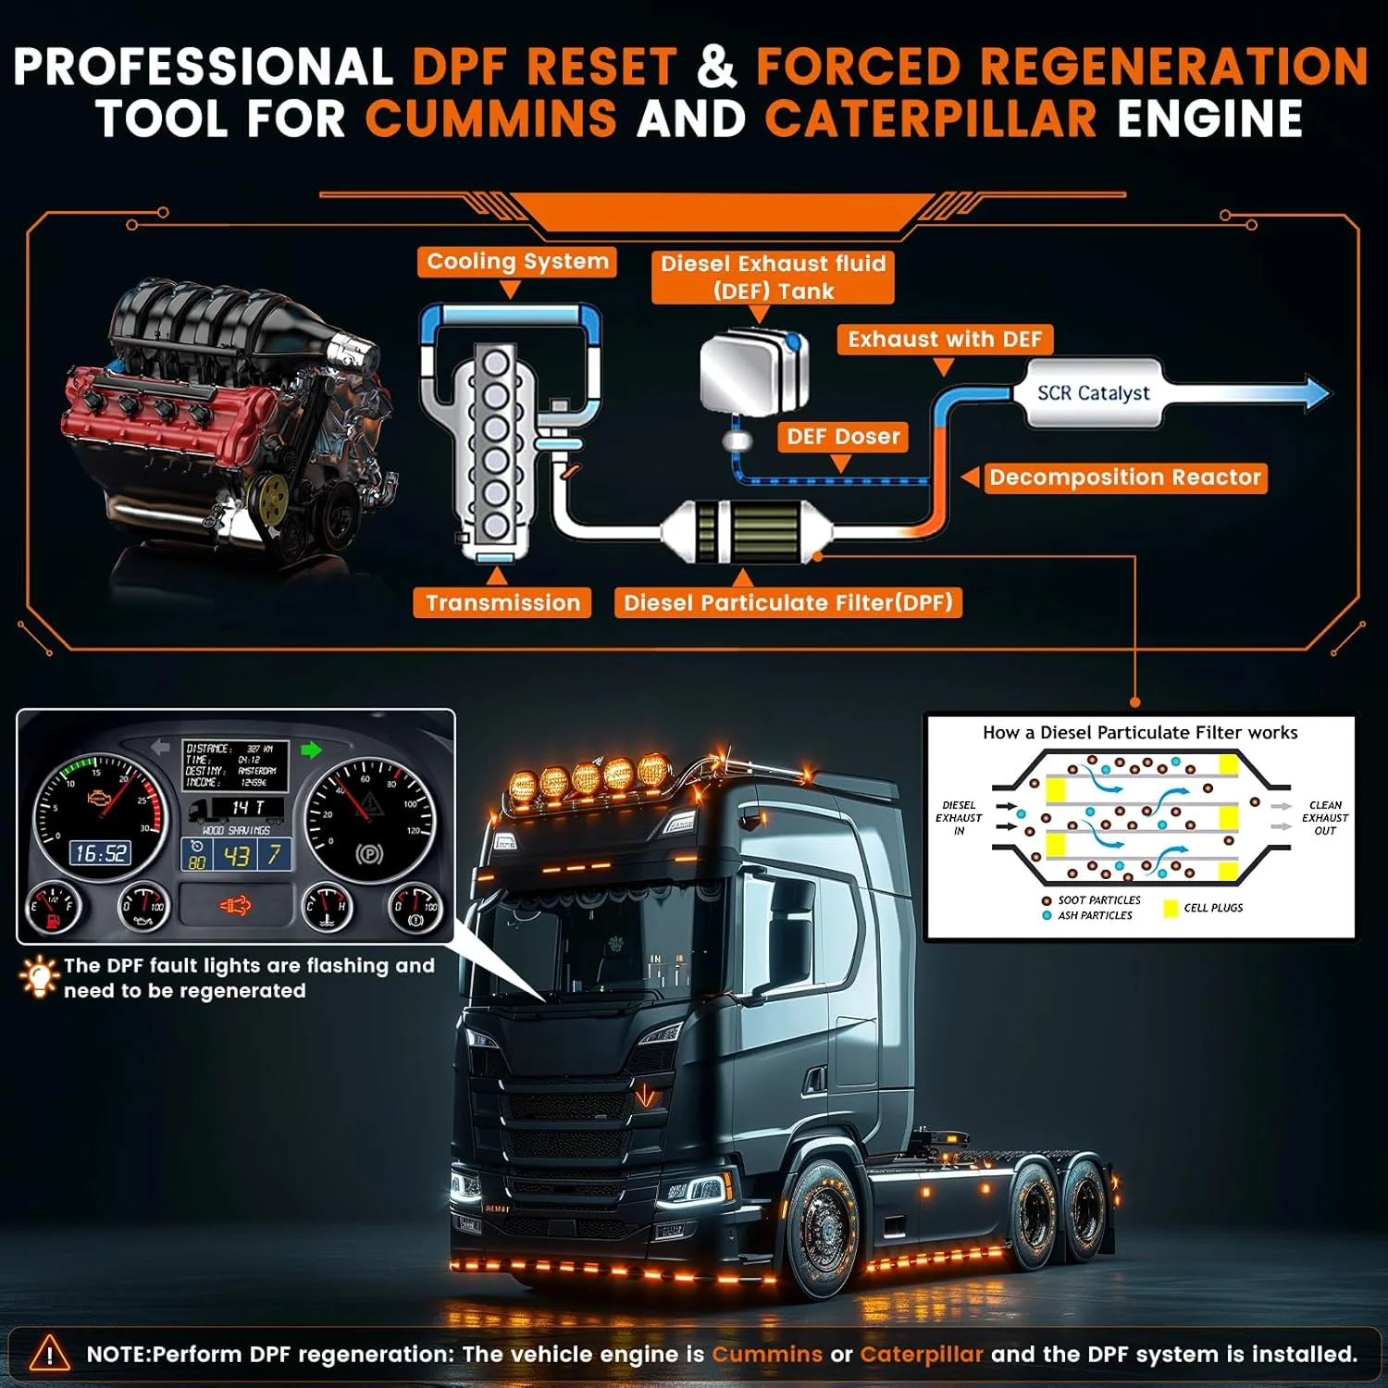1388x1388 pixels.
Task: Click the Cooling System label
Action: (517, 262)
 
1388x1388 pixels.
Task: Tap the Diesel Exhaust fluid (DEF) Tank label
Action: (773, 277)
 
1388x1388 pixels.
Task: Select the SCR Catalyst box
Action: (1093, 393)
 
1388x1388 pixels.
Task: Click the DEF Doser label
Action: (842, 437)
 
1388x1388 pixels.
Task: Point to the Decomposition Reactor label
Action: (1124, 477)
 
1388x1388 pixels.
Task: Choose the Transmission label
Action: (502, 602)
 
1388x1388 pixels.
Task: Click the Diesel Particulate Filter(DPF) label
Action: (788, 602)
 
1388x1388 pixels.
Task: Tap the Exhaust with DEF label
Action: (945, 340)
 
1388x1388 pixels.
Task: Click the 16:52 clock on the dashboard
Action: (101, 853)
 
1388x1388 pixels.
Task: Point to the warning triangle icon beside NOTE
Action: (49, 1354)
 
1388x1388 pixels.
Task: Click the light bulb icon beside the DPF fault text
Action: (39, 977)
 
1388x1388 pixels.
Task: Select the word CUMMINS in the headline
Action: (491, 119)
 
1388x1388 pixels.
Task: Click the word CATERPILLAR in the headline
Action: (931, 119)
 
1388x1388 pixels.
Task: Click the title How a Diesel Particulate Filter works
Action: (1140, 733)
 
